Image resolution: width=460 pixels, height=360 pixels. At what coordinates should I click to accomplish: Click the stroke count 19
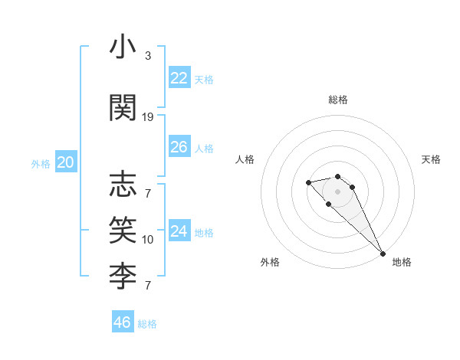148,116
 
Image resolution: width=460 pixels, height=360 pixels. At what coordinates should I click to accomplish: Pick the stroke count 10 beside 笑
148,239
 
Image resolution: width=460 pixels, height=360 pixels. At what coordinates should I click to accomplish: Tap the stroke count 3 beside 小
148,56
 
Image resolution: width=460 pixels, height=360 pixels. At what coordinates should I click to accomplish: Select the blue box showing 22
179,77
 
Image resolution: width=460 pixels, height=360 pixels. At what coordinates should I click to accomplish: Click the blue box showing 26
179,147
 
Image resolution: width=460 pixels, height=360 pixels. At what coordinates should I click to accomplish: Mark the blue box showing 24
179,231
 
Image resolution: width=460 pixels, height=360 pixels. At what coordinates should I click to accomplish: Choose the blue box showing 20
66,162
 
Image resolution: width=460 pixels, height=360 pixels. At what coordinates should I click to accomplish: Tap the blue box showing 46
123,322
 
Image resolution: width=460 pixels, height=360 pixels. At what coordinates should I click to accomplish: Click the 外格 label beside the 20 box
41,163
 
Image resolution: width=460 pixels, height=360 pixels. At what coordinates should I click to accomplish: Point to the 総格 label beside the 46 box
148,324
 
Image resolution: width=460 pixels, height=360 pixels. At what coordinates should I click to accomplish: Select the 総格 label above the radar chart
338,100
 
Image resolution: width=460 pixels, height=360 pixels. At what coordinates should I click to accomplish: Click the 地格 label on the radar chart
402,262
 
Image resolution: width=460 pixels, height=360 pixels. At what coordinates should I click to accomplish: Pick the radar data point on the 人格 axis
308,182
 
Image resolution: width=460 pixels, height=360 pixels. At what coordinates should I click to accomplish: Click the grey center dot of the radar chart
338,191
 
